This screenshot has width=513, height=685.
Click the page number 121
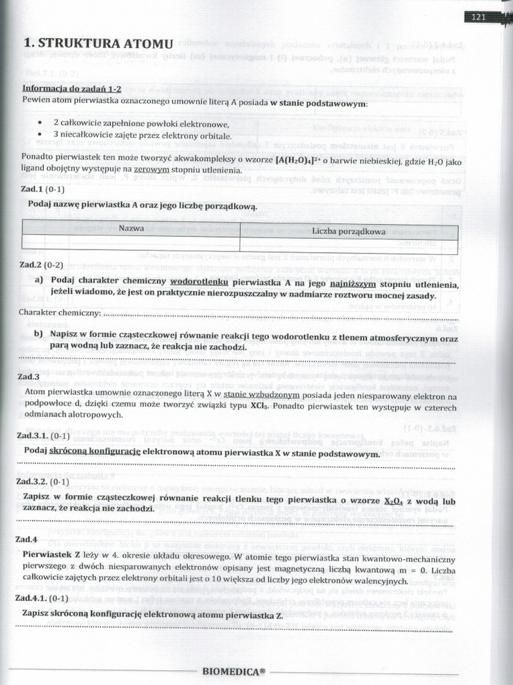pyautogui.click(x=478, y=17)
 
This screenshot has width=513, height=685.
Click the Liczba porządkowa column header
pyautogui.click(x=348, y=231)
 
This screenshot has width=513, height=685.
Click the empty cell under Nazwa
pyautogui.click(x=132, y=241)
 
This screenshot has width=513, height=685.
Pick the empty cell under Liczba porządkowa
pyautogui.click(x=348, y=243)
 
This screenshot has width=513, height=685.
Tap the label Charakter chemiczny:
pyautogui.click(x=60, y=312)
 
